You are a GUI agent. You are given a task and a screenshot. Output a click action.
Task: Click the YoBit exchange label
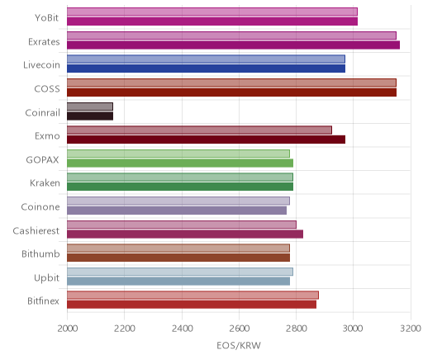click(46, 18)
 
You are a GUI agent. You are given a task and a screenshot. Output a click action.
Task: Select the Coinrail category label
click(42, 113)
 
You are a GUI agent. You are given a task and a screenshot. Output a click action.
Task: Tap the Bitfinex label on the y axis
click(43, 301)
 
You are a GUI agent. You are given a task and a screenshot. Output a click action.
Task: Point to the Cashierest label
click(36, 230)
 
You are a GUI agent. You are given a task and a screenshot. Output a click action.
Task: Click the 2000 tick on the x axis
click(67, 329)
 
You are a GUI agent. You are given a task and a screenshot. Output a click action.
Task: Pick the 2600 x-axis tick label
click(239, 329)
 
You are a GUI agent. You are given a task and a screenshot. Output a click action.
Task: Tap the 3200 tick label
click(411, 329)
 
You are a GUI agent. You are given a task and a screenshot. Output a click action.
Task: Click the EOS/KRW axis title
click(239, 345)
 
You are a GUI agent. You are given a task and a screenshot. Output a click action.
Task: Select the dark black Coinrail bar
click(90, 116)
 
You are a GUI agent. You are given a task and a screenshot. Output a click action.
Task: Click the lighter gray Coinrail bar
click(90, 107)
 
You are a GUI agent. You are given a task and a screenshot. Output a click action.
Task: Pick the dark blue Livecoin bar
click(206, 69)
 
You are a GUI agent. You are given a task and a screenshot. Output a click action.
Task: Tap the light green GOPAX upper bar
click(178, 154)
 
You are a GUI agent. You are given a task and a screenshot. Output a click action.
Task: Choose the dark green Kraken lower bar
click(180, 187)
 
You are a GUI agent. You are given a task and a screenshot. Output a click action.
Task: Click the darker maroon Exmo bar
click(206, 140)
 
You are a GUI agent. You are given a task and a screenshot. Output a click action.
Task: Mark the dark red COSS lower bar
click(232, 92)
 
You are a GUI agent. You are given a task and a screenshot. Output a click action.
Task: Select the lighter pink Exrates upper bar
click(231, 36)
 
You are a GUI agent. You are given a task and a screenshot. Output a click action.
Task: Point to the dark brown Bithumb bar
click(178, 258)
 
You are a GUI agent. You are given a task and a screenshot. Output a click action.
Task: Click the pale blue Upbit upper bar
click(180, 272)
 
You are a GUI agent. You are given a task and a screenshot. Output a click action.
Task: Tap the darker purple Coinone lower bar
click(177, 211)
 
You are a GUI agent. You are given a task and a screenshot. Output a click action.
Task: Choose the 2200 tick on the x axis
click(125, 329)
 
